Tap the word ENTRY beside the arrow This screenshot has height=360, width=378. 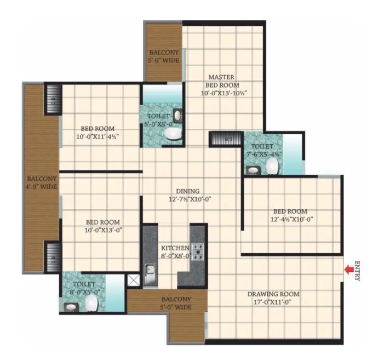tap(357, 270)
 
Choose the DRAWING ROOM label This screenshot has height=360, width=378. tap(273, 294)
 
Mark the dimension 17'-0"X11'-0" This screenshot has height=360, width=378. tap(273, 302)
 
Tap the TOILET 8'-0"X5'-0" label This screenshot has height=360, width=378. tap(84, 288)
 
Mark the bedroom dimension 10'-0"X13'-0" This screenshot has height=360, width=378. tap(103, 230)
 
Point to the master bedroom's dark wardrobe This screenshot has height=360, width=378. tap(225, 139)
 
